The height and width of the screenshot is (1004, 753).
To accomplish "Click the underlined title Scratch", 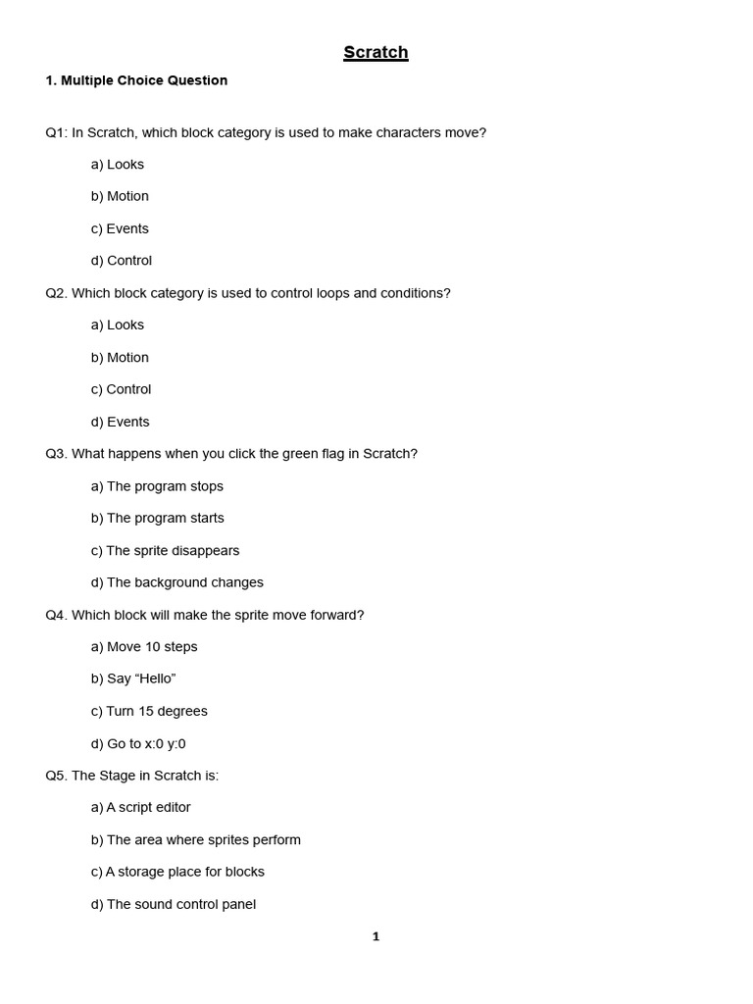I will coord(376,53).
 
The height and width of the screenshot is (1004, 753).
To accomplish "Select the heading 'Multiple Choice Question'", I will coord(144,80).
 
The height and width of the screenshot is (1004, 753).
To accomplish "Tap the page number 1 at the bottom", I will coord(376,936).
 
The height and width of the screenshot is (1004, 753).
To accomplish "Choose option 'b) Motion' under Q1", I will coord(120,196).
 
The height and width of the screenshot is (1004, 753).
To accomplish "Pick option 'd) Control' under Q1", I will coord(122,261).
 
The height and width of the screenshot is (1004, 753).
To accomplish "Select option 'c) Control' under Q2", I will coord(122,389).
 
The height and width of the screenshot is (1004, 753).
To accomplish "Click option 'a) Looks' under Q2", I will coord(118,325).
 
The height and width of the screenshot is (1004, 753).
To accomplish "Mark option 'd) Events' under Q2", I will coord(121,422).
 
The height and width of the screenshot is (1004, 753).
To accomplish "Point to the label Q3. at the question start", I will coord(56,454).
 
